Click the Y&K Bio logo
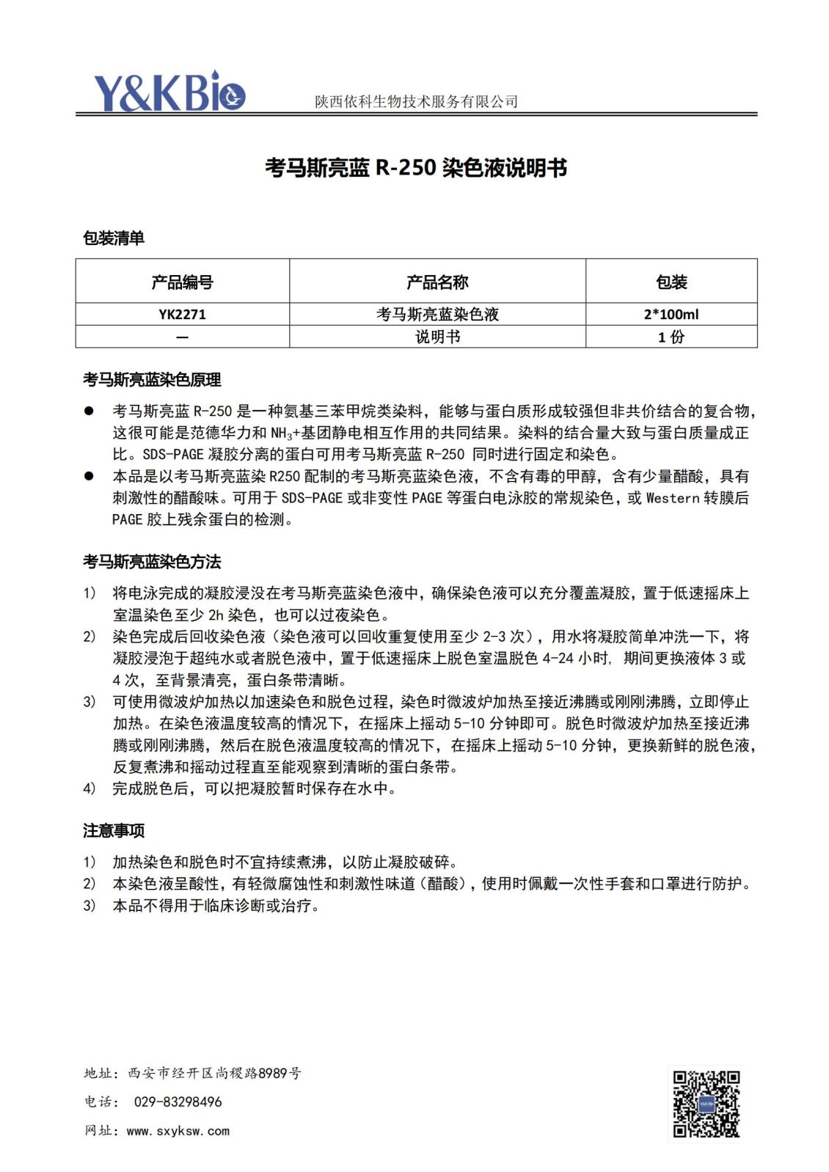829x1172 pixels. [169, 92]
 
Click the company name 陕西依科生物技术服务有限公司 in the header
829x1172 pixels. [416, 102]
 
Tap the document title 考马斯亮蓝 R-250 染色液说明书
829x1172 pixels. [415, 168]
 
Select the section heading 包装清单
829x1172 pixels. [114, 238]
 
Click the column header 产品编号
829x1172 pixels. [182, 282]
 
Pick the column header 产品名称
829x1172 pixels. [437, 282]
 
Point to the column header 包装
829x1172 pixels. [671, 282]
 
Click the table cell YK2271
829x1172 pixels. [182, 315]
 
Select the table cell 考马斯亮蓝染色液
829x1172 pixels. [437, 315]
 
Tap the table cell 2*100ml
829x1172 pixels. [671, 315]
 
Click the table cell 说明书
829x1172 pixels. [437, 337]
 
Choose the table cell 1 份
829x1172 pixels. [671, 337]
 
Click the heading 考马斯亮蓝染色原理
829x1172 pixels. [152, 380]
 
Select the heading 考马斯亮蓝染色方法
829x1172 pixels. [152, 562]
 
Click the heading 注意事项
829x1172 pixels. [114, 830]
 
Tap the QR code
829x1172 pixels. [706, 1104]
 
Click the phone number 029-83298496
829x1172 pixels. [178, 1102]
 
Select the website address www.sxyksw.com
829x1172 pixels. [178, 1131]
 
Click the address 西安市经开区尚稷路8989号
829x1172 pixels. [214, 1073]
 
